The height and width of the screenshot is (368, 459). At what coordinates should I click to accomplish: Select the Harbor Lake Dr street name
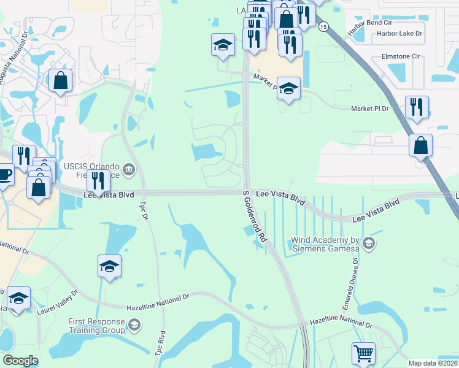coord(399,34)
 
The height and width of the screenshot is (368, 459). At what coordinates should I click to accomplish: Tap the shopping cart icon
coord(363,353)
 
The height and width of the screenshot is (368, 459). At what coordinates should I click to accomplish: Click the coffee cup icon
coord(5,174)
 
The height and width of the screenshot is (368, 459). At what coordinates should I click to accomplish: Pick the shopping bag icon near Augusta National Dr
coord(61,80)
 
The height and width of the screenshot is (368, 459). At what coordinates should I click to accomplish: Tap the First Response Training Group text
coord(96,326)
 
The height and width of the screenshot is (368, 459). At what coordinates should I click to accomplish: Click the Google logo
coord(21,361)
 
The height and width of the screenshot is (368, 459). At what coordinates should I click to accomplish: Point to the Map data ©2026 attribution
coord(433,363)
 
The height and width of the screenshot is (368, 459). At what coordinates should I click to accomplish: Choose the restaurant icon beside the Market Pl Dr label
coord(417,107)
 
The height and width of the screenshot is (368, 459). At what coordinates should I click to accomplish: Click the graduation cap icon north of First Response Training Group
coord(109,266)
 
